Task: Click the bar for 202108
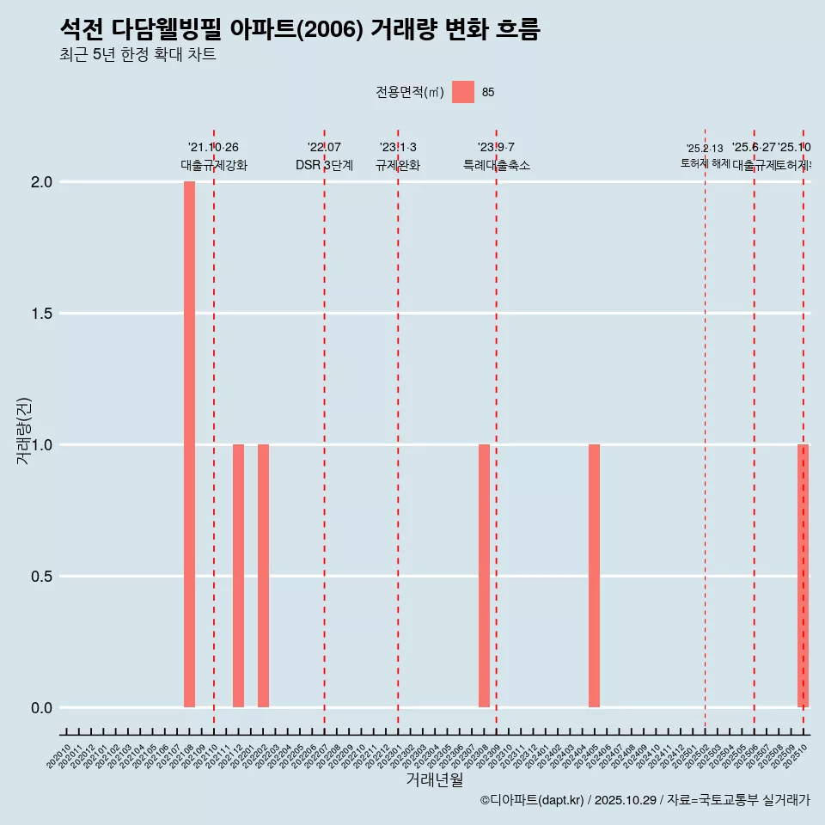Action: (189, 444)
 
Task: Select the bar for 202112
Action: (238, 576)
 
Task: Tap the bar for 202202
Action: (263, 576)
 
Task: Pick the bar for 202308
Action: (484, 576)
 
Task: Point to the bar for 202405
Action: (594, 576)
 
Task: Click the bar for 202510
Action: (803, 576)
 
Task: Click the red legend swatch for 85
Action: (463, 92)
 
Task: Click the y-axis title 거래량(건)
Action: (24, 431)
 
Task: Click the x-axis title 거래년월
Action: (434, 779)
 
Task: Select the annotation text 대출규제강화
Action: (214, 166)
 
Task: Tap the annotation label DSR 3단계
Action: (324, 166)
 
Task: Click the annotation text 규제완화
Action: (398, 166)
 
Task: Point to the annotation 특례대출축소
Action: (496, 166)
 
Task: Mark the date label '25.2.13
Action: (705, 149)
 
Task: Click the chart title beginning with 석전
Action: (300, 29)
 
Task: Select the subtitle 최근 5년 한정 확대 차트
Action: (137, 55)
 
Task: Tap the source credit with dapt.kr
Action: (645, 800)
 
